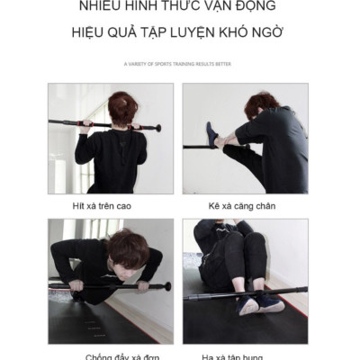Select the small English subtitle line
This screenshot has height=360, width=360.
tap(179, 64)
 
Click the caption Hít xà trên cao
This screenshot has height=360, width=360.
tap(103, 206)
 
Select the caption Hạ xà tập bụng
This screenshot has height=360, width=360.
tap(244, 355)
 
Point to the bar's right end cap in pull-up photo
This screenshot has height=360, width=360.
tap(157, 128)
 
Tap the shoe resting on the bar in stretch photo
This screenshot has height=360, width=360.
tap(211, 135)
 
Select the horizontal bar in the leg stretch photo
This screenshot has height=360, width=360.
tap(200, 145)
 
